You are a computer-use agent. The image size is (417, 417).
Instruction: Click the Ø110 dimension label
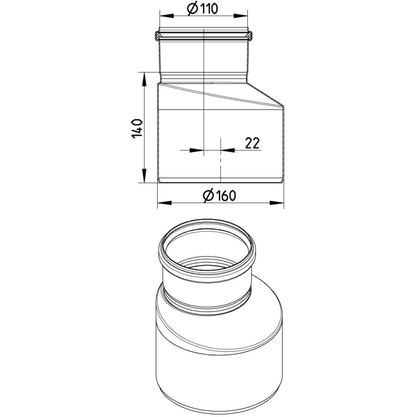point(203,9)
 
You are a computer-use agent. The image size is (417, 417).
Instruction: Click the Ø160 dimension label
point(220,196)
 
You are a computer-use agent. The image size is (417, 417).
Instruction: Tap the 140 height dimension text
point(137,128)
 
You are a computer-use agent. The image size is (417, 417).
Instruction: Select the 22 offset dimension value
point(252,143)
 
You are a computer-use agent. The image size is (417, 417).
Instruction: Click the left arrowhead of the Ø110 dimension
point(166,16)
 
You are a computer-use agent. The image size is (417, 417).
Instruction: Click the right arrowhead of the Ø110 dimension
point(241,16)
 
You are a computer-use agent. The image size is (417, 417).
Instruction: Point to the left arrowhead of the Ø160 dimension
point(165,203)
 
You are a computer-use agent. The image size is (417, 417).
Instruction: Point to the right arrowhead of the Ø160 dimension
point(277,203)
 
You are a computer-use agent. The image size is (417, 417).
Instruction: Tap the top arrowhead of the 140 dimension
point(144,79)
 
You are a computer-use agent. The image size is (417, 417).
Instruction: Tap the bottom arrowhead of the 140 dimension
point(144,175)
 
